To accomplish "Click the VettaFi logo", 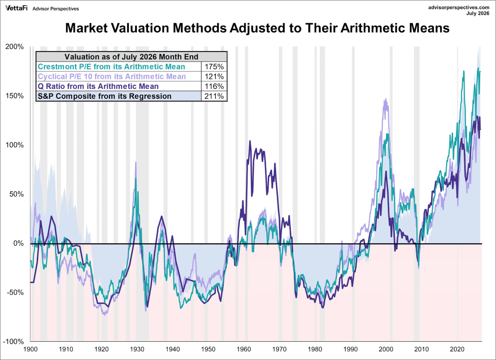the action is pyautogui.click(x=17, y=8).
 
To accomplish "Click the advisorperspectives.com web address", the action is pyautogui.click(x=458, y=7).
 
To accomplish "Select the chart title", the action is pyautogui.click(x=257, y=28).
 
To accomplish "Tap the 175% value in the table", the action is pyautogui.click(x=214, y=67).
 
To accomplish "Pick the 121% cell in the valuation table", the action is pyautogui.click(x=214, y=76).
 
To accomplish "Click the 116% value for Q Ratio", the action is pyautogui.click(x=214, y=86).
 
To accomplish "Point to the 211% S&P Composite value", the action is pyautogui.click(x=214, y=96).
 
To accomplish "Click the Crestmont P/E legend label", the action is pyautogui.click(x=111, y=67).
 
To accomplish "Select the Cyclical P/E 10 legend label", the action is pyautogui.click(x=112, y=76).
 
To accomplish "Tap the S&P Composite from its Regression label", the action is pyautogui.click(x=105, y=96).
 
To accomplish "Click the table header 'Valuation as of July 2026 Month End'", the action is pyautogui.click(x=131, y=57).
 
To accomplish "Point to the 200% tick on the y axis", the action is pyautogui.click(x=14, y=47).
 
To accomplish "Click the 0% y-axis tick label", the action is pyautogui.click(x=18, y=243).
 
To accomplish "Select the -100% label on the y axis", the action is pyautogui.click(x=13, y=342).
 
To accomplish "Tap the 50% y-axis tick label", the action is pyautogui.click(x=17, y=194).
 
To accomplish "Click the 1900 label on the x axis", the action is pyautogui.click(x=30, y=349).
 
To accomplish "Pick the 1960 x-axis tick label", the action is pyautogui.click(x=244, y=349).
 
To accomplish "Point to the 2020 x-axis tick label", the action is pyautogui.click(x=457, y=349).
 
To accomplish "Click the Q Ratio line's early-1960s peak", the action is pyautogui.click(x=250, y=141).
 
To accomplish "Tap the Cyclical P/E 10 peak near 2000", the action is pyautogui.click(x=386, y=99).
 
